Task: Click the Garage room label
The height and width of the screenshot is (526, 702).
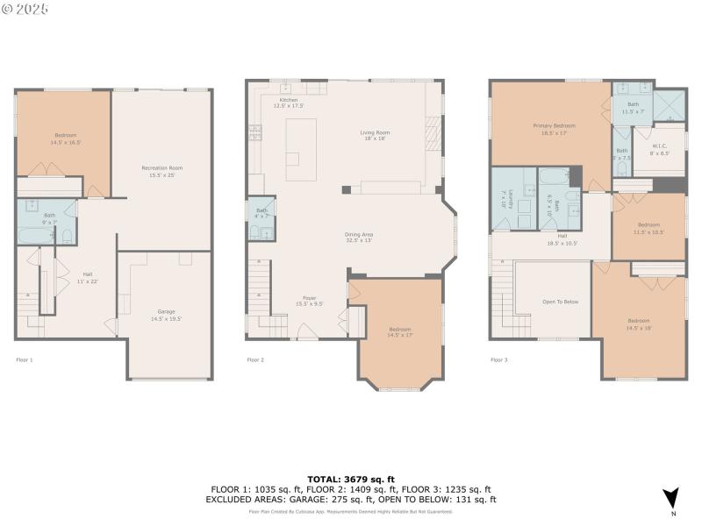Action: (166, 313)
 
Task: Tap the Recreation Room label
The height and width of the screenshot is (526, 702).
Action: (162, 170)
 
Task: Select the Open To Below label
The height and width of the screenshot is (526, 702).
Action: (560, 302)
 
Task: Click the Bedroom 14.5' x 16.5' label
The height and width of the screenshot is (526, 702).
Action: (66, 138)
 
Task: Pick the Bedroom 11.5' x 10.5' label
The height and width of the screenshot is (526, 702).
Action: (649, 227)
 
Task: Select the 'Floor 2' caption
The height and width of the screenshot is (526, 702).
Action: (255, 359)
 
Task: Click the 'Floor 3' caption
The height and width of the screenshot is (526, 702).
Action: (499, 359)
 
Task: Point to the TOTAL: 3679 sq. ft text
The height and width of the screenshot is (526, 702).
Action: (351, 479)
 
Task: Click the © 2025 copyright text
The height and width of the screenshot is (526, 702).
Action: (25, 9)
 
